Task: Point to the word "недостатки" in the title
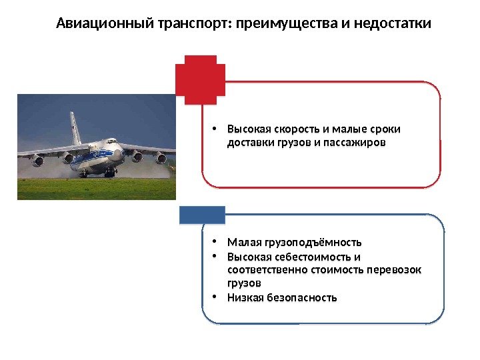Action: pos(396,25)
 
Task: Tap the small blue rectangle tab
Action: pos(202,214)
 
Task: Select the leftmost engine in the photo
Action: pos(37,161)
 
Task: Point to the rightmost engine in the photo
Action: pos(161,159)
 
